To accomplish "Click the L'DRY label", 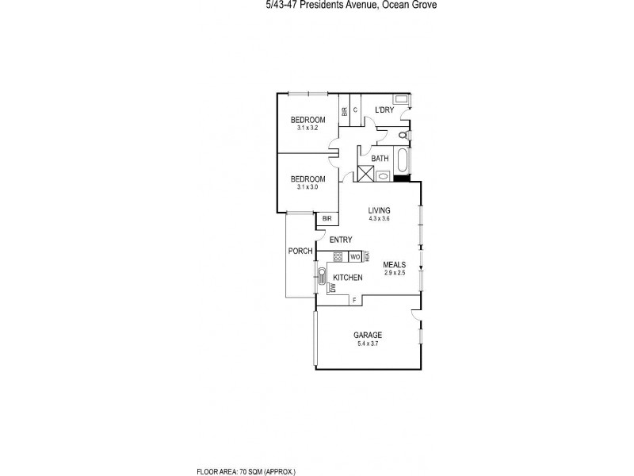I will point(384,109).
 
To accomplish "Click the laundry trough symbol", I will point(401,99).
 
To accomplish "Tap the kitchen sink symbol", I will point(323,276).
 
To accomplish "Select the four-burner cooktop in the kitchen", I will point(338,256).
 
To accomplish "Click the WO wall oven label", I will point(355,257).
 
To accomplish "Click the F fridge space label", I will point(353,300).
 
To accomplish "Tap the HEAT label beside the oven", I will point(367,257).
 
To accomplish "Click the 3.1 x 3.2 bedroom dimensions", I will point(307,128).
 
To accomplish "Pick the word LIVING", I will point(379,209).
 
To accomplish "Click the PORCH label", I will point(300,251).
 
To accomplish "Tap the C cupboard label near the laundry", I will point(356,109).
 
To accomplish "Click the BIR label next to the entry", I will point(327,218).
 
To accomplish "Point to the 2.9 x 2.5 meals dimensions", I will point(394,273).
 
